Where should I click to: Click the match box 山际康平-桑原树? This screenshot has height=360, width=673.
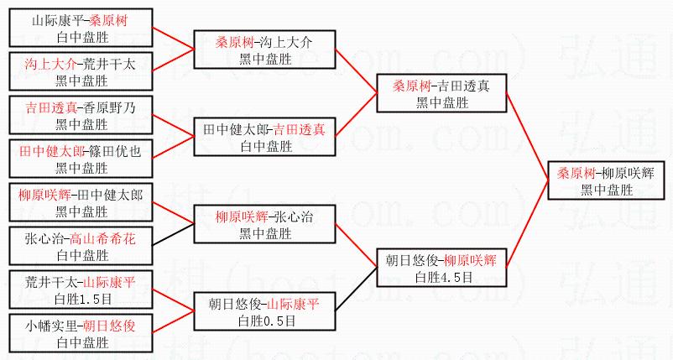tap(81, 28)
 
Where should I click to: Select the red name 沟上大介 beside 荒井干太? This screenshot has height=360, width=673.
tap(50, 65)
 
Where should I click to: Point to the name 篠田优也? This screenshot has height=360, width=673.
tap(115, 151)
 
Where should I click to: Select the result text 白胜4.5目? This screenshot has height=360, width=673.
tap(443, 277)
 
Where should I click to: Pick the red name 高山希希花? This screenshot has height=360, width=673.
tap(102, 238)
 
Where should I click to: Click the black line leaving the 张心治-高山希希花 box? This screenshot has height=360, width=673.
tap(174, 234)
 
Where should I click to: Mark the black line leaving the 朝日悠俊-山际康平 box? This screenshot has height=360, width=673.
tap(356, 289)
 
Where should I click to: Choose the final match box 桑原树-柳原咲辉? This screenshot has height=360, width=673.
tap(606, 180)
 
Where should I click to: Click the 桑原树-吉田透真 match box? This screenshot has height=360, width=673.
tap(441, 93)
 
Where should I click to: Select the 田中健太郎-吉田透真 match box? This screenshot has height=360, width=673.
tap(264, 137)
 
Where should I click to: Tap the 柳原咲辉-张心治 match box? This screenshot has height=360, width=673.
tap(264, 224)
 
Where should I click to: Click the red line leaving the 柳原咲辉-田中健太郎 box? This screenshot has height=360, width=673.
tap(174, 212)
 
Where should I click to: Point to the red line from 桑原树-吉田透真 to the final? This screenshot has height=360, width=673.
tap(528, 136)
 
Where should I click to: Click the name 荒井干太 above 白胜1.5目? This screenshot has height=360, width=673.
tap(51, 282)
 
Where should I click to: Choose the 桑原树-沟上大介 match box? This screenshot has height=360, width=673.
tap(264, 50)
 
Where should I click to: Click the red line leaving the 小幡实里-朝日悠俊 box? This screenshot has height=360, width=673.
tap(174, 321)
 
